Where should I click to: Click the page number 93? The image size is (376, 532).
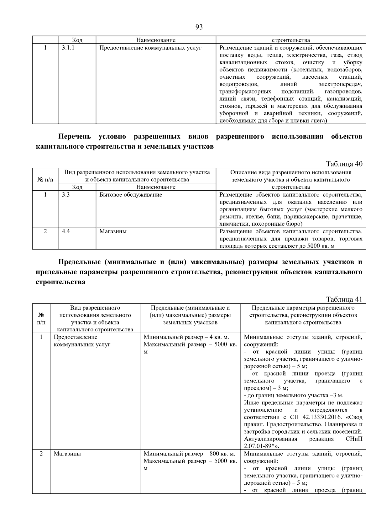coord(199,27)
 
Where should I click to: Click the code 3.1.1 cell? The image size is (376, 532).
coord(68,48)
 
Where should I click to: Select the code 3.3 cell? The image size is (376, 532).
coord(66,195)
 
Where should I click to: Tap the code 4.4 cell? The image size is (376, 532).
coord(66,231)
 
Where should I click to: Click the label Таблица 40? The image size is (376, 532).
coord(344,164)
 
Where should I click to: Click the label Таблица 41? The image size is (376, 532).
coord(344,299)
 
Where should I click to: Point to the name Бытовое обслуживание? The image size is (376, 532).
coord(131,195)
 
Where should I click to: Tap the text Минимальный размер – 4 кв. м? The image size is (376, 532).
coord(186,337)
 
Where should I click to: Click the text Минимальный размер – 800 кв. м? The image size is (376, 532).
coord(189,454)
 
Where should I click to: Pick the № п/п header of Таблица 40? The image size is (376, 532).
coord(45,180)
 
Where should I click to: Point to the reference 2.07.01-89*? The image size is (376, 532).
coord(261,446)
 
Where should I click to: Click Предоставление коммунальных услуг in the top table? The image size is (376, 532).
coord(150,48)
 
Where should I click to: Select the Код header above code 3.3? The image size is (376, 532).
coord(77,187)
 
